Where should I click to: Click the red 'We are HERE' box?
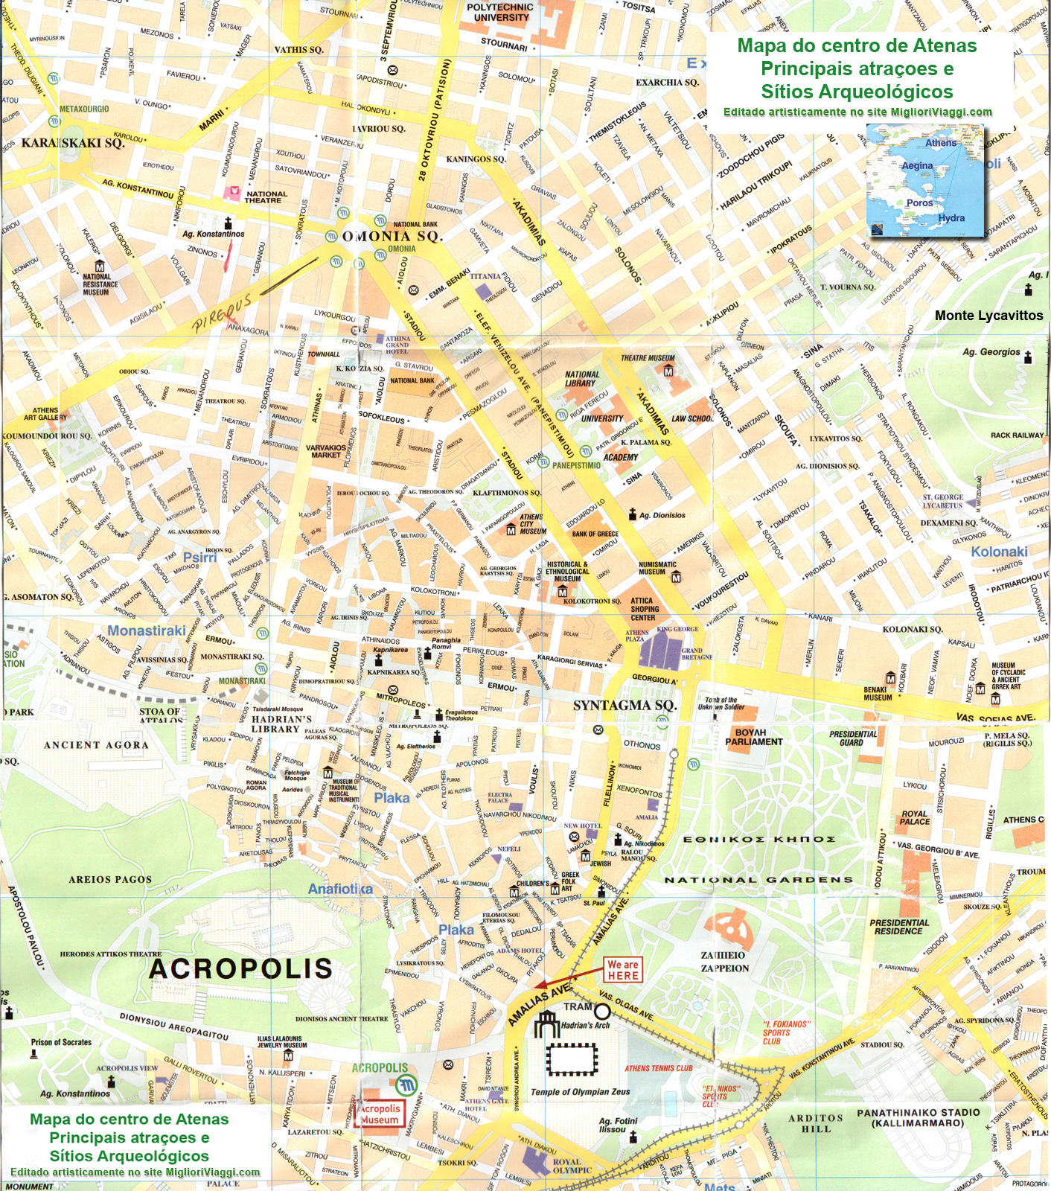(623, 970)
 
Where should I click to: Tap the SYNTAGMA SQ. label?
(624, 705)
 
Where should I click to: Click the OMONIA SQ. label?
(392, 236)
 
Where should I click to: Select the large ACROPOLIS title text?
(240, 968)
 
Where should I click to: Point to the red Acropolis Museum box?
(380, 1114)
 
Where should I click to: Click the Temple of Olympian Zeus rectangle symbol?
(572, 1059)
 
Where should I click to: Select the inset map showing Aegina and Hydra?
(925, 181)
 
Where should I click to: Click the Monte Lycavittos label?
(988, 316)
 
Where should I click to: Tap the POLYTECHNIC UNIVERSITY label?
(501, 12)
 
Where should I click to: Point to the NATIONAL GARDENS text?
(758, 879)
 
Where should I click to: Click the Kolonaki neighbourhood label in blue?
(999, 552)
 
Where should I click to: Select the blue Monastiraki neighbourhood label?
(147, 630)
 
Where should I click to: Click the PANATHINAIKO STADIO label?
(919, 1117)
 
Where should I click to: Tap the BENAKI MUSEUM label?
(877, 694)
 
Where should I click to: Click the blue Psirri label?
(199, 557)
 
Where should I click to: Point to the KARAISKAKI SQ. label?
(72, 143)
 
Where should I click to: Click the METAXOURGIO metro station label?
(84, 109)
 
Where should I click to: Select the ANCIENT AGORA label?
(96, 744)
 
